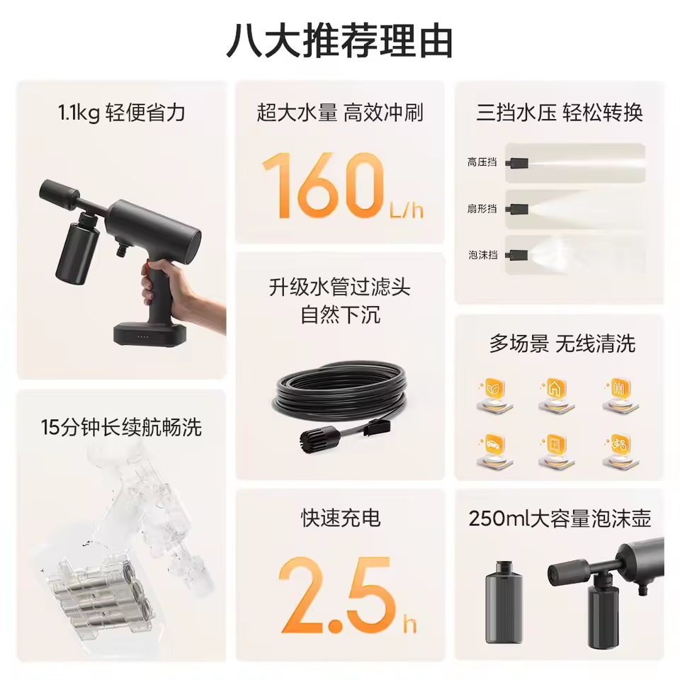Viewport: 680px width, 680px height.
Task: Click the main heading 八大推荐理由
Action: (x=339, y=42)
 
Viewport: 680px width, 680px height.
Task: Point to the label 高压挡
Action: (x=482, y=163)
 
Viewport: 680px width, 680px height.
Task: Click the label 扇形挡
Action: (x=482, y=208)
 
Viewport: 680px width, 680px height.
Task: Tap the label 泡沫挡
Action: (x=482, y=254)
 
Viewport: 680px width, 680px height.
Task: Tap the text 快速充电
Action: (x=341, y=517)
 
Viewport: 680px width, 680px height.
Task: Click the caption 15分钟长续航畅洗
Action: (x=121, y=427)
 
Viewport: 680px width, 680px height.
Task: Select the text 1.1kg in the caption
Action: (x=79, y=113)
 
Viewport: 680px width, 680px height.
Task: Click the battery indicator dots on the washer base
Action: (x=143, y=336)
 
